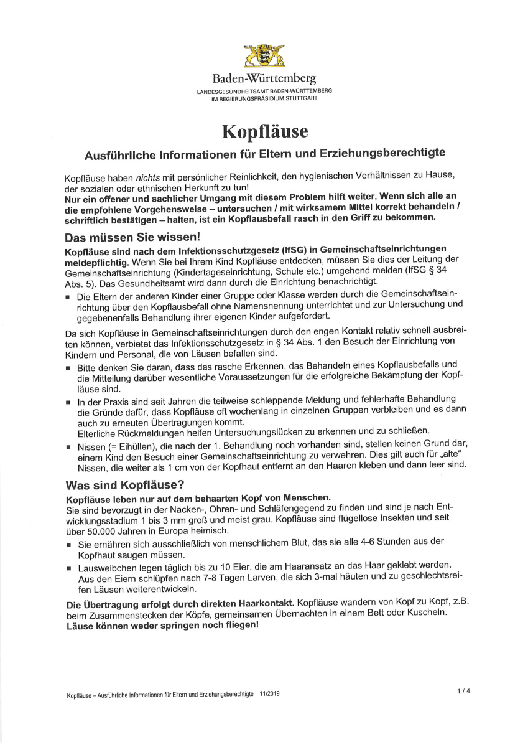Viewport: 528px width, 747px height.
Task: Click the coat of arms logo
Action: [x=264, y=56]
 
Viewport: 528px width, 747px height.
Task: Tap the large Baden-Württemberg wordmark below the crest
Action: [x=264, y=79]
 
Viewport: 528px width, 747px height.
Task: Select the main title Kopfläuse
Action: [x=265, y=132]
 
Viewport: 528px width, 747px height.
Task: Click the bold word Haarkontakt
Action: [x=262, y=604]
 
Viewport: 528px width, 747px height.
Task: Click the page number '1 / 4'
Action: [x=462, y=691]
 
